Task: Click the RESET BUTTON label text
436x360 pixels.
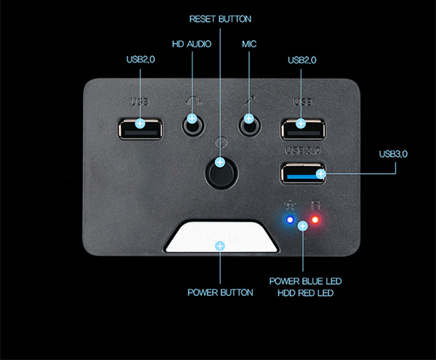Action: click(x=219, y=18)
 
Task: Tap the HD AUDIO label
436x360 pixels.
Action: click(x=192, y=44)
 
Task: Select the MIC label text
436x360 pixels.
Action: click(x=249, y=44)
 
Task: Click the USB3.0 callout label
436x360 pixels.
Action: click(x=394, y=154)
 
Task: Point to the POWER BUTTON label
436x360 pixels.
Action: click(x=220, y=292)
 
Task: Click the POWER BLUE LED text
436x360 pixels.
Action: click(x=305, y=281)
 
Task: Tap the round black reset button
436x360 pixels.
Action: click(x=220, y=173)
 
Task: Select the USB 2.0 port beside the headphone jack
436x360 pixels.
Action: click(x=139, y=127)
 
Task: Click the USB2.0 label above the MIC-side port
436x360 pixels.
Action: click(x=302, y=60)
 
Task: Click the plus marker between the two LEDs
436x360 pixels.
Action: click(x=303, y=226)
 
